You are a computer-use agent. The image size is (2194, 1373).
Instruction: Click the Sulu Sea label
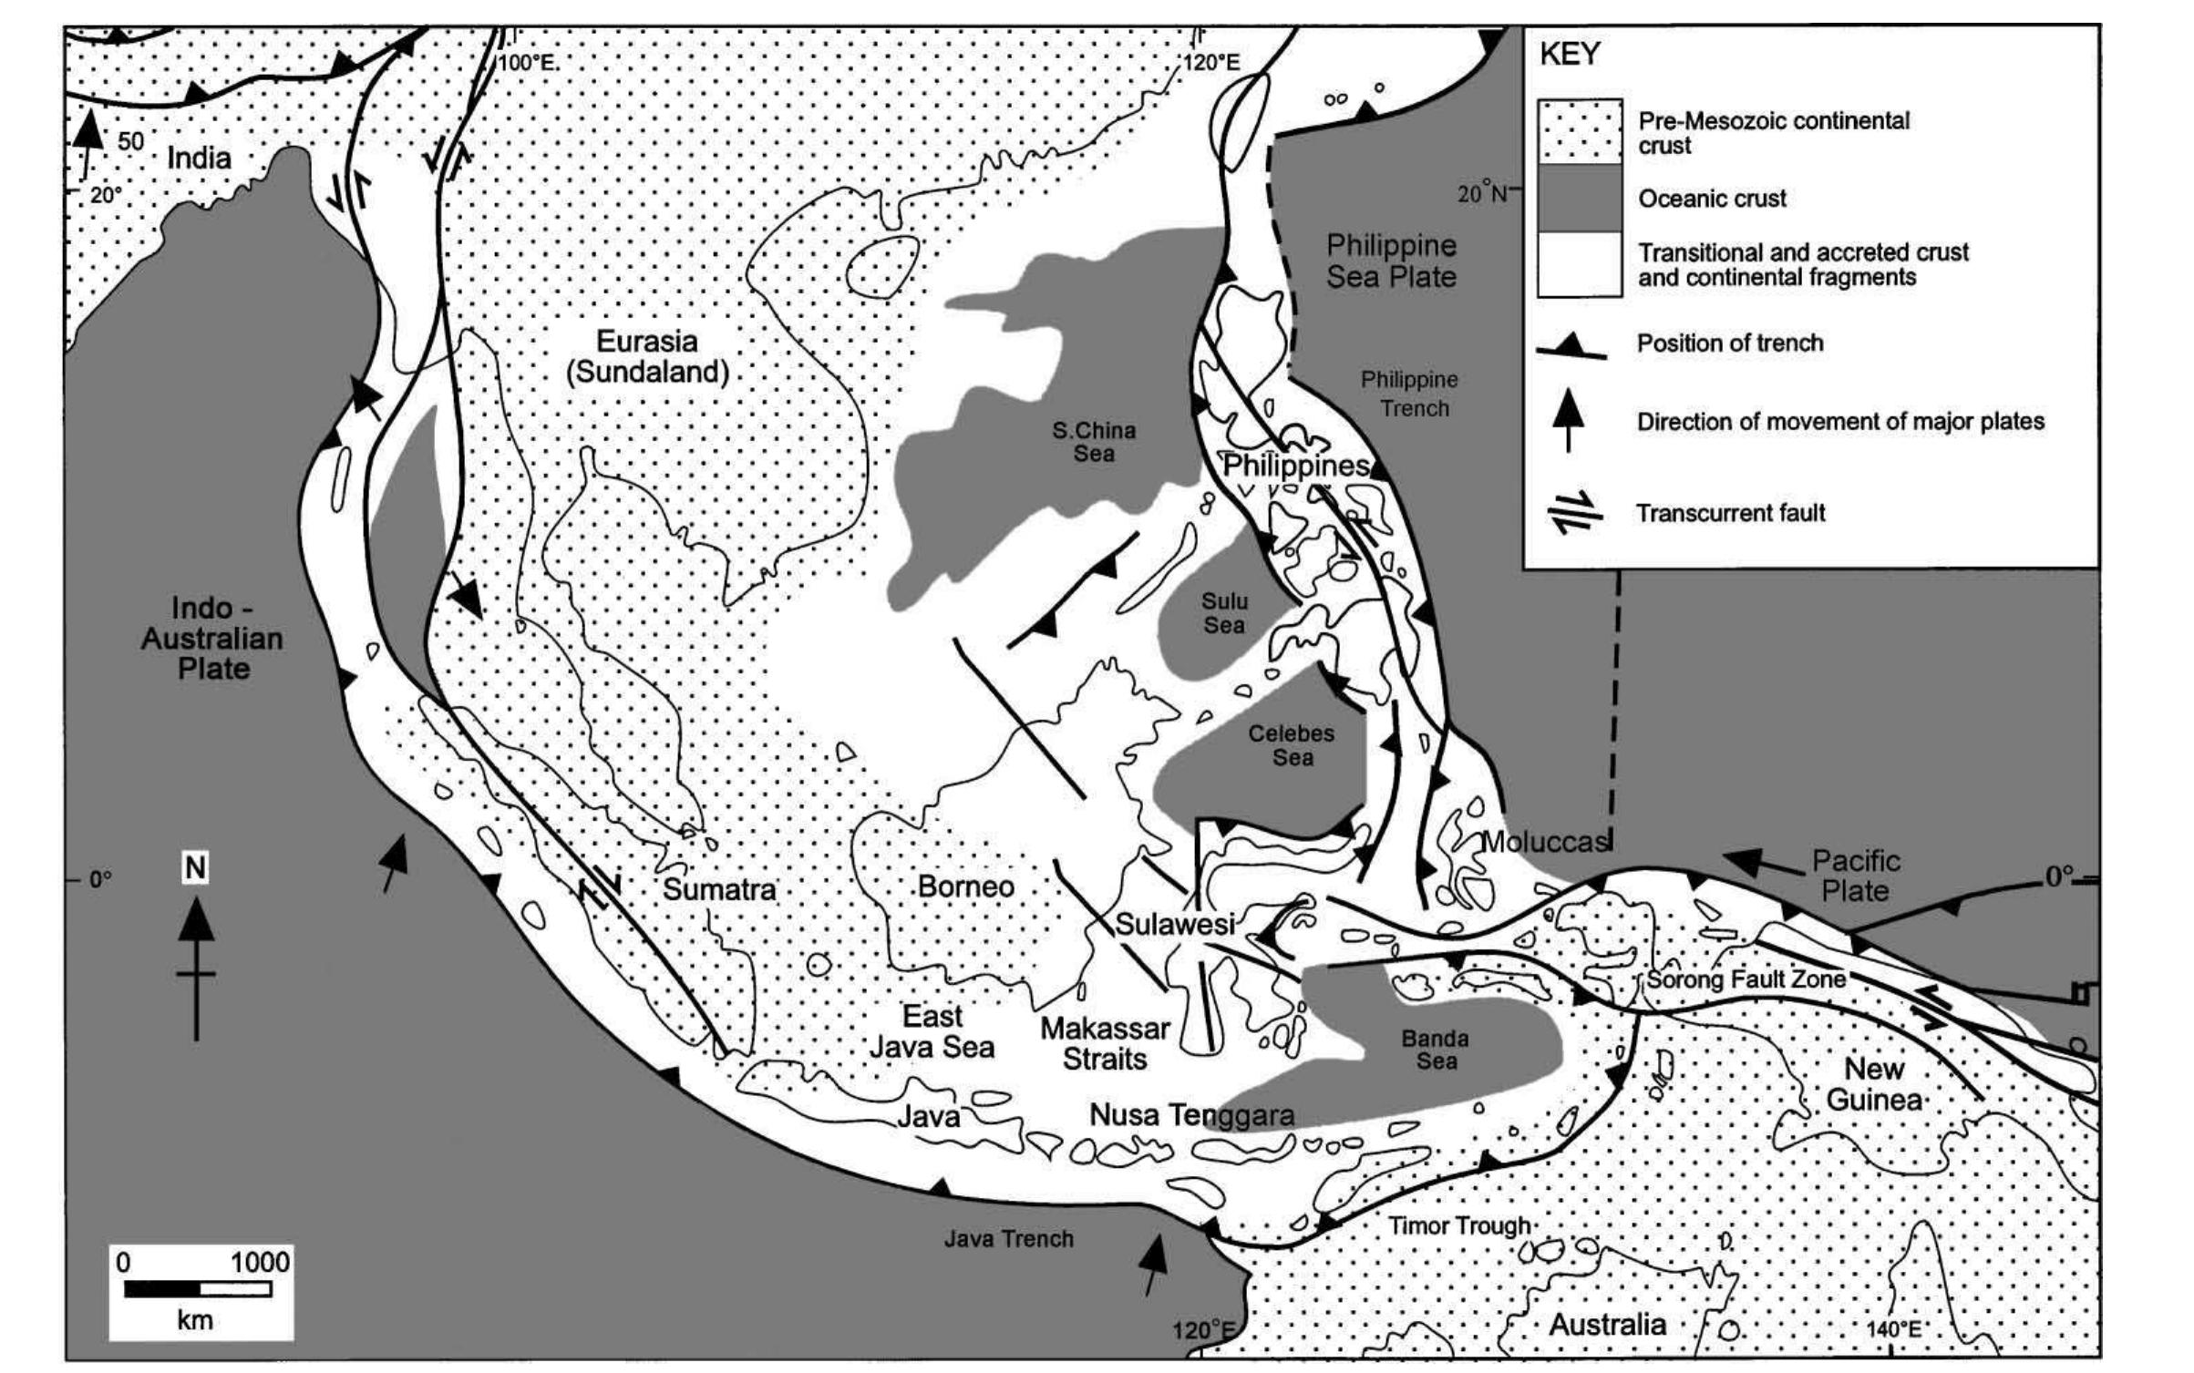[x=1223, y=613]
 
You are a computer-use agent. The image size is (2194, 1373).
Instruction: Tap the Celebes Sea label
[x=1291, y=745]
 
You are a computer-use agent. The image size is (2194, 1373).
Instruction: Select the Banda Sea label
[x=1436, y=1050]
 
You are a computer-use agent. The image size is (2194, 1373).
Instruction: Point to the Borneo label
[x=965, y=886]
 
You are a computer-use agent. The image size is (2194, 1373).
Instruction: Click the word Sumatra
[x=719, y=889]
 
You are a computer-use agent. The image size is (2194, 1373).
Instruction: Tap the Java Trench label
[x=1008, y=1238]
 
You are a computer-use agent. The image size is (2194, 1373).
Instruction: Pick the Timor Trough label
[x=1458, y=1226]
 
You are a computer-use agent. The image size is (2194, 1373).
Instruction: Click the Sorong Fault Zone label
[x=1746, y=979]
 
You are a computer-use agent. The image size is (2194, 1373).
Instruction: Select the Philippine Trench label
[x=1409, y=394]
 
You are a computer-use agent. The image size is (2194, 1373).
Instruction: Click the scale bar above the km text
[x=198, y=1289]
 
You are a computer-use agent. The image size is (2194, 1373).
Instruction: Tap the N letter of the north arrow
[x=195, y=868]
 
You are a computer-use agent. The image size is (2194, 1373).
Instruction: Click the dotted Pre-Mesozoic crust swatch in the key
[x=1580, y=132]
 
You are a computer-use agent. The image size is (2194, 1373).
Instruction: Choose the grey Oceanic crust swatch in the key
[x=1580, y=198]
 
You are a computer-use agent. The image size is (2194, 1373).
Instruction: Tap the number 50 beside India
[x=130, y=141]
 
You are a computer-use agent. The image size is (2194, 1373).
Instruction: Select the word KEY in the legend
[x=1570, y=55]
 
